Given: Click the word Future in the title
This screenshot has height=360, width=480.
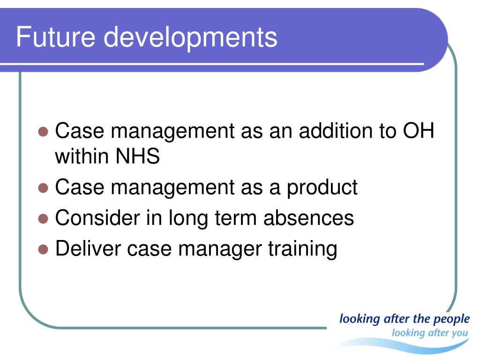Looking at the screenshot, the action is click(x=56, y=37).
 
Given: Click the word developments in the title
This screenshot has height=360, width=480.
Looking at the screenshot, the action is click(x=190, y=38).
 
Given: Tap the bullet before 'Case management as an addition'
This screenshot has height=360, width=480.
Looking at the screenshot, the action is click(x=43, y=132).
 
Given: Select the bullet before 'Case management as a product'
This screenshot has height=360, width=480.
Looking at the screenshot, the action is click(x=43, y=188).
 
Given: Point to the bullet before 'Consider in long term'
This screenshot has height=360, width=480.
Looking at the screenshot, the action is click(x=43, y=219).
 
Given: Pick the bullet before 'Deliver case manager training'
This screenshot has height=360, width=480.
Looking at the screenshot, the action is click(x=43, y=249).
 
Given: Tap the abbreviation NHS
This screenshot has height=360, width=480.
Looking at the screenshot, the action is click(x=138, y=156).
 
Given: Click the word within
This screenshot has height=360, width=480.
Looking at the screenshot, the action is click(x=82, y=156).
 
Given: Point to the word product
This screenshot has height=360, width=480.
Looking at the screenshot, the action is click(x=322, y=188).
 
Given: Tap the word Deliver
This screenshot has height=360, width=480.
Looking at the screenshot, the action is click(x=88, y=248).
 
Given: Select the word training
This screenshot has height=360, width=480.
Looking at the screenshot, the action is click(x=303, y=249).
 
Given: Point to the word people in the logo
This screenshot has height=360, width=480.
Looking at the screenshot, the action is click(x=452, y=319).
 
